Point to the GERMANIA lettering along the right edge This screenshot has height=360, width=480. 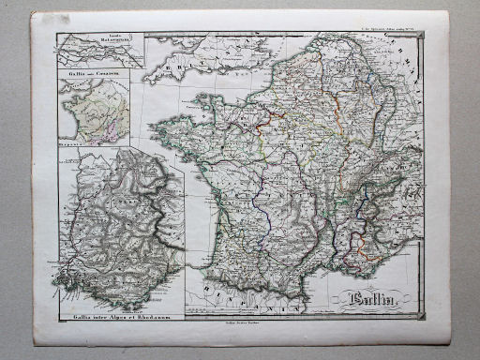pyautogui.click(x=410, y=56)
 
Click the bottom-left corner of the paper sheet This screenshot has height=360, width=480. pyautogui.click(x=36, y=342)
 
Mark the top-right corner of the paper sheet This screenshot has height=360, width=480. pyautogui.click(x=448, y=12)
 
